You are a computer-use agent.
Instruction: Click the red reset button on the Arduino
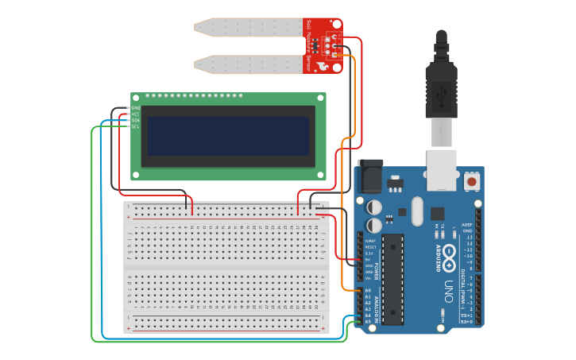(472, 182)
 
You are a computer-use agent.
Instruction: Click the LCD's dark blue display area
(225, 136)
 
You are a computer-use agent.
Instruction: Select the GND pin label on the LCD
(135, 108)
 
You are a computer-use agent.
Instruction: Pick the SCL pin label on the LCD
(135, 126)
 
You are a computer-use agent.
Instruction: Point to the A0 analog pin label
(367, 291)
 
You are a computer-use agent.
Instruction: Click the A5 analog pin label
(367, 321)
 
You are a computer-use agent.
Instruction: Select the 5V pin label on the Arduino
(369, 259)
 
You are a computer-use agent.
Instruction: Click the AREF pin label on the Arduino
(467, 224)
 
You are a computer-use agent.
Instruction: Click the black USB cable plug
(441, 87)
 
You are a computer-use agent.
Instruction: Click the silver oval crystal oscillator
(416, 211)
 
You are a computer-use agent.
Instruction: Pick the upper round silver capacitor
(375, 207)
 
